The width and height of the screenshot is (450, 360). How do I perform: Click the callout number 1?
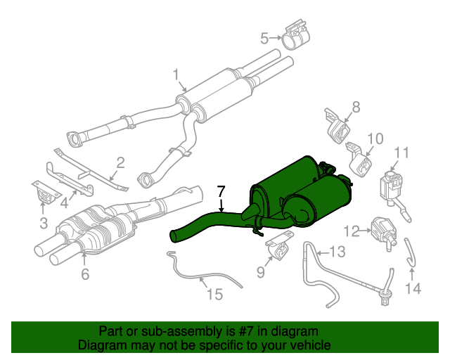[x=176, y=74]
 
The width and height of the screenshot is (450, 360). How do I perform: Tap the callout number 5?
[x=265, y=38]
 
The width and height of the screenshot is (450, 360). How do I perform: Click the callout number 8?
[x=356, y=107]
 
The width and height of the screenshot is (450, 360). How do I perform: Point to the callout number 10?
[x=375, y=139]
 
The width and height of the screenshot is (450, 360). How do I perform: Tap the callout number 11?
[x=401, y=153]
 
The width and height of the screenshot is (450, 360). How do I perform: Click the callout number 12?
[x=352, y=230]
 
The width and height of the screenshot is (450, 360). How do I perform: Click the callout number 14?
[x=413, y=288]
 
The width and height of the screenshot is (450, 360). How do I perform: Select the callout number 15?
[x=214, y=295]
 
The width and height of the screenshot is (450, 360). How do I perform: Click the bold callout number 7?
[x=221, y=191]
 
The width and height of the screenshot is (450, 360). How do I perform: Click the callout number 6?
[x=85, y=275]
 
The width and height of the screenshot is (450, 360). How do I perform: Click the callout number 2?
[x=120, y=163]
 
